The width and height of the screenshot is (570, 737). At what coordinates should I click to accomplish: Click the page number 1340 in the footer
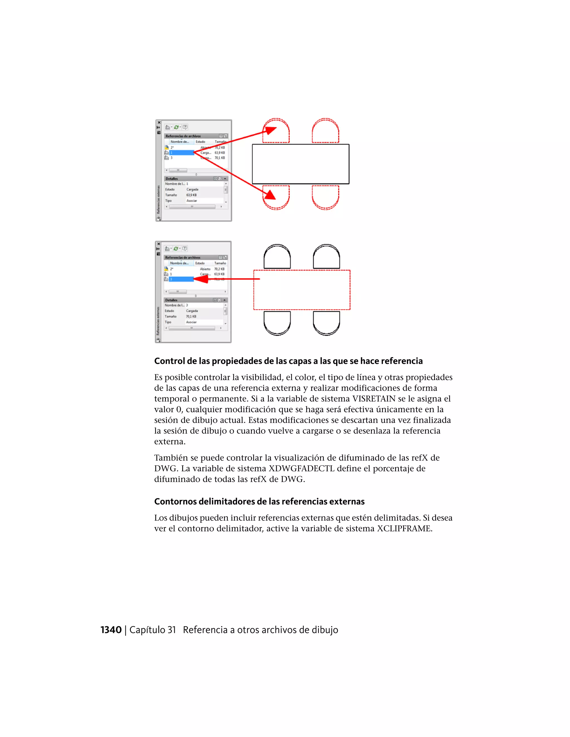(x=111, y=630)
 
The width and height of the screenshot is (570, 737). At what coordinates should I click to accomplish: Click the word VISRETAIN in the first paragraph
(x=374, y=399)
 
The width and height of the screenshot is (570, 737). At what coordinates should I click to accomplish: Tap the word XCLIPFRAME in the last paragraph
(x=404, y=528)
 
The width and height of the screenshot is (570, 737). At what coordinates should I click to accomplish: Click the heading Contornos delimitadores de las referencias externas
(x=259, y=501)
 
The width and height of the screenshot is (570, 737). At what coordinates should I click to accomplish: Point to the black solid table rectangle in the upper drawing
(x=301, y=164)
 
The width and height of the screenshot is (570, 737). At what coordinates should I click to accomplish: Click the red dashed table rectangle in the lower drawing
(x=302, y=290)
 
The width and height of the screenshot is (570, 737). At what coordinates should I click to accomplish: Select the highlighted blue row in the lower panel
(x=181, y=279)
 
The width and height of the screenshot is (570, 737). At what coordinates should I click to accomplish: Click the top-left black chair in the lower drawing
(x=277, y=256)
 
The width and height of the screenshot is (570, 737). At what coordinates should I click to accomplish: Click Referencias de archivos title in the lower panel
(x=183, y=258)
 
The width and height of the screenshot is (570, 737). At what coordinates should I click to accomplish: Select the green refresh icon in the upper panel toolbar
(x=176, y=127)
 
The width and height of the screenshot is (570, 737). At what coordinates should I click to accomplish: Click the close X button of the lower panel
(x=158, y=244)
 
